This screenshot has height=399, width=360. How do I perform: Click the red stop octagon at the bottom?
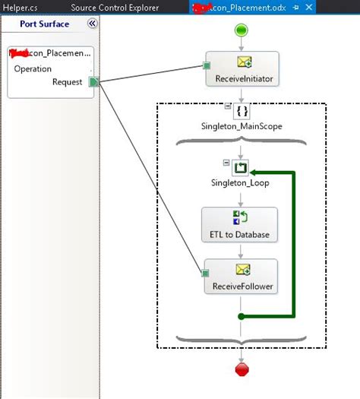(242, 369)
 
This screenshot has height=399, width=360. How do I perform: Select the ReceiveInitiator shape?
(242, 68)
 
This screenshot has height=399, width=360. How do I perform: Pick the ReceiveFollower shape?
(242, 277)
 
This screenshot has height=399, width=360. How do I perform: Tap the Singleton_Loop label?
(241, 183)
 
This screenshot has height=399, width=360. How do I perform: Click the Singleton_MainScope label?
(242, 126)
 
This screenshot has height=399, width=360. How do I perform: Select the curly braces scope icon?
(242, 111)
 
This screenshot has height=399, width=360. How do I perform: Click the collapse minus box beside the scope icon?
(226, 106)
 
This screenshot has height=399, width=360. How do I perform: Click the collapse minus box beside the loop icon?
(226, 162)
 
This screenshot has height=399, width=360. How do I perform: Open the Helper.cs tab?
(19, 8)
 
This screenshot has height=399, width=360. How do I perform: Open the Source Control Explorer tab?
(115, 8)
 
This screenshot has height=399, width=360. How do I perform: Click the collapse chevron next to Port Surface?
(93, 24)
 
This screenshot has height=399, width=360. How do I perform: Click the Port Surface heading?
(45, 24)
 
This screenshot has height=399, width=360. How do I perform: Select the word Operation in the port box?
(33, 68)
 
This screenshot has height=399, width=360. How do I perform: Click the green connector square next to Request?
(93, 82)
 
